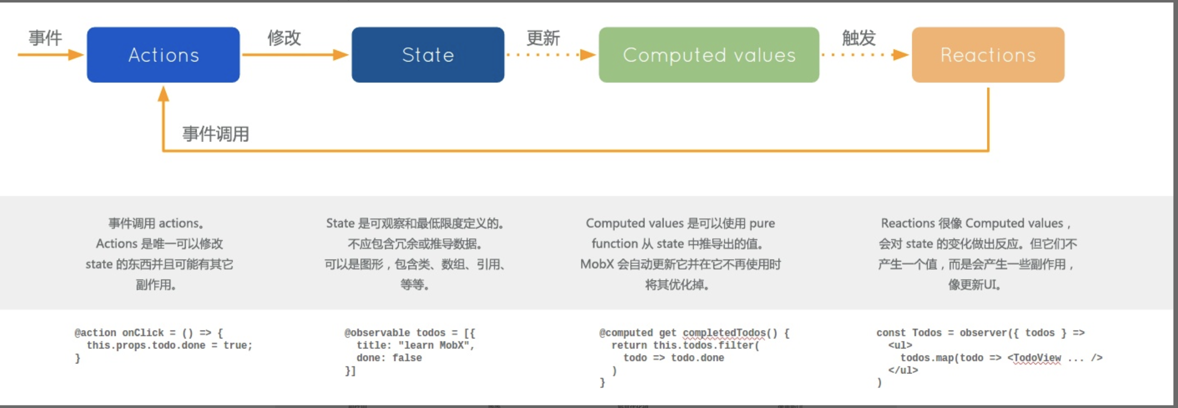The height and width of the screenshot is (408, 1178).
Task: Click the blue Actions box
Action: (163, 55)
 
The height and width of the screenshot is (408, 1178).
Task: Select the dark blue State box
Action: (428, 55)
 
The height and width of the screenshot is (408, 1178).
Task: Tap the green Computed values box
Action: (709, 55)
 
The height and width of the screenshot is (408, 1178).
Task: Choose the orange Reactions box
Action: (988, 55)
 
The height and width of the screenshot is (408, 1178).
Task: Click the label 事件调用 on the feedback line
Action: (216, 134)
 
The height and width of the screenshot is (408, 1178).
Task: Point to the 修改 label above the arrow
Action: (284, 38)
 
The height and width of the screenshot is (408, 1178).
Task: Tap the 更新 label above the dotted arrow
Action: (543, 38)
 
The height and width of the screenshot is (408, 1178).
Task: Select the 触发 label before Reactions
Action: (859, 38)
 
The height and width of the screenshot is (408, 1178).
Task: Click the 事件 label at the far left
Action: (46, 38)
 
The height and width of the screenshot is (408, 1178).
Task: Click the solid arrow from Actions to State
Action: (295, 54)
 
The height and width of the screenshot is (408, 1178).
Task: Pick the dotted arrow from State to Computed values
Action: (550, 54)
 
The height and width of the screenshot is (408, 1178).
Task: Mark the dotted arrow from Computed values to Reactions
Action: (865, 54)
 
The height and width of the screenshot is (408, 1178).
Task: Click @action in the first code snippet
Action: (95, 333)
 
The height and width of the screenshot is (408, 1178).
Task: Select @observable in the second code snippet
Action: (377, 333)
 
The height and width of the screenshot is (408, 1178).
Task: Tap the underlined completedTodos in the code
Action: (724, 333)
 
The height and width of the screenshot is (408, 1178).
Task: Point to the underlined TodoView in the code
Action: (1037, 358)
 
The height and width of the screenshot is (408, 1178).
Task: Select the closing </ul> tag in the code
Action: (903, 370)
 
